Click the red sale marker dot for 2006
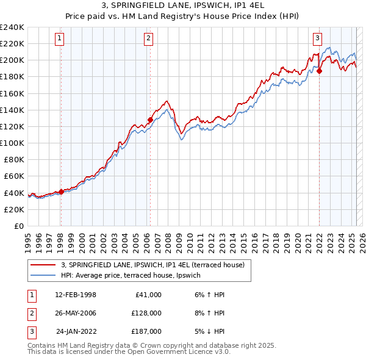pyautogui.click(x=150, y=120)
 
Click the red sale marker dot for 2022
pyautogui.click(x=319, y=71)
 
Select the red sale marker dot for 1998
pyautogui.click(x=61, y=192)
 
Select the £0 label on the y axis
pyautogui.click(x=18, y=226)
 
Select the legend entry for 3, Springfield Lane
pyautogui.click(x=152, y=265)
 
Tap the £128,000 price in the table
pyautogui.click(x=146, y=313)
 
